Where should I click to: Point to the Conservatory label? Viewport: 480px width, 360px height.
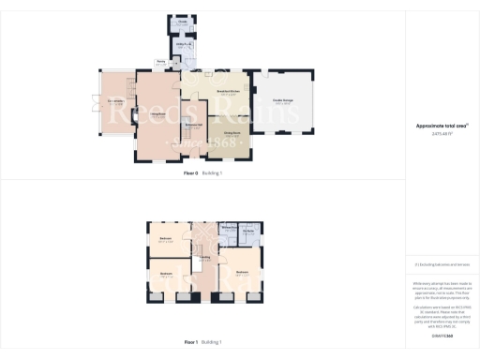[117, 101]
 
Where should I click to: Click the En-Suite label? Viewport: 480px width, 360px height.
[249, 230]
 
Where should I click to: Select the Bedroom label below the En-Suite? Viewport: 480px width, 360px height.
[242, 272]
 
